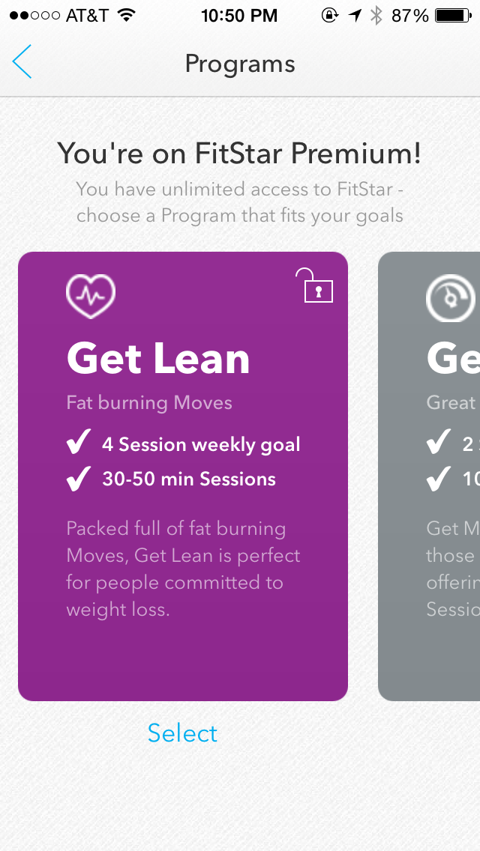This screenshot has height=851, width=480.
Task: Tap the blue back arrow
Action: coord(22,62)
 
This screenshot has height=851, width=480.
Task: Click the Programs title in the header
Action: coord(240,64)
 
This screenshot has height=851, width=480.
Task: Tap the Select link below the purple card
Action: coord(182,733)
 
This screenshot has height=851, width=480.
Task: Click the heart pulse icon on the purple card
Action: coord(91,296)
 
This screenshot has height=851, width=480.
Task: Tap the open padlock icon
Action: coord(315,286)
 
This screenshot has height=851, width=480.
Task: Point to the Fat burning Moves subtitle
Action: coord(149,402)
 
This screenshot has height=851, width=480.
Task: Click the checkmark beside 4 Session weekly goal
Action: coord(79,443)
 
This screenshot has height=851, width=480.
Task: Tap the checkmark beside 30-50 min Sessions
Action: coord(79,479)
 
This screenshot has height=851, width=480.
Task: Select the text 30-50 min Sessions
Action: coord(189,479)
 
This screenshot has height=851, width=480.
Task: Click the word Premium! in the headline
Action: coord(356,154)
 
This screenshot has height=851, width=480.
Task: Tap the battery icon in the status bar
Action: coord(454,15)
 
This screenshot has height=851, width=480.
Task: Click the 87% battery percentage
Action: coord(410,15)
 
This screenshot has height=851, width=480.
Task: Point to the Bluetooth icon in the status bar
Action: coord(376,15)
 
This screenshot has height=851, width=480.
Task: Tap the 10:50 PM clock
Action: coord(239,15)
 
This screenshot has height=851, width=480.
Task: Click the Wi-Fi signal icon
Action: coord(126,15)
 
